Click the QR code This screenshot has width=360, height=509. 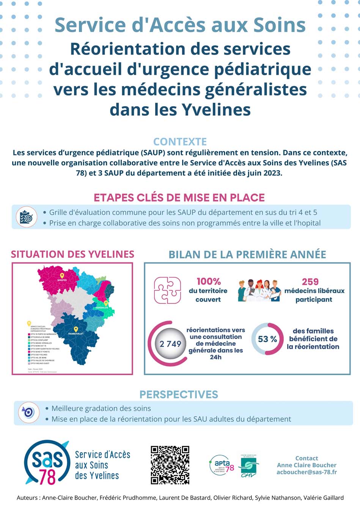tap(170, 465)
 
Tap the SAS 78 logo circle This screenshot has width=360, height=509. tap(47, 463)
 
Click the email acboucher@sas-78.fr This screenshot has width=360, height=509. tap(307, 472)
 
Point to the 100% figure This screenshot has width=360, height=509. tap(208, 281)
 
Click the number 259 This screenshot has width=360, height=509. tap(310, 282)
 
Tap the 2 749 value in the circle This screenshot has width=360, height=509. tap(170, 344)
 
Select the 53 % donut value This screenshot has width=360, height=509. tap(267, 339)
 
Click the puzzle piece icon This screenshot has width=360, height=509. tap(167, 291)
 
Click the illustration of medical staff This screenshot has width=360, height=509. tap(259, 291)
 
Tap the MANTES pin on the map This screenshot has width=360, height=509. tap(62, 276)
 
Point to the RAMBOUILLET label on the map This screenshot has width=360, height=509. tap(76, 333)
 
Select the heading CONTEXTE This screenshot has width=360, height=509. tap(180, 141)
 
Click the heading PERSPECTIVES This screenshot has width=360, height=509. tap(179, 394)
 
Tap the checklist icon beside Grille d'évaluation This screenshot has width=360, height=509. tap(26, 217)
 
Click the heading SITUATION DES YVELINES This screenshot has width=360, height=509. tap(72, 254)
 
